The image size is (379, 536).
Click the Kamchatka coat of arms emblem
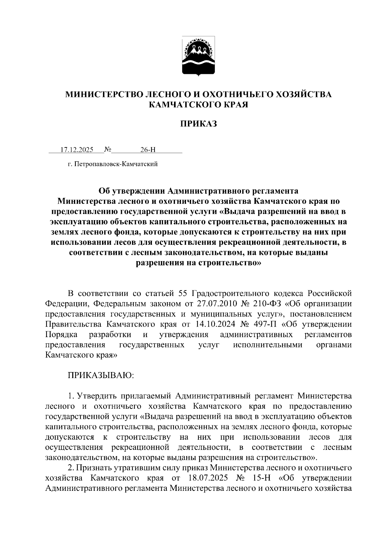click(199, 57)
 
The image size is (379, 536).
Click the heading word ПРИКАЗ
click(199, 124)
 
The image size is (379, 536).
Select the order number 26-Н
click(148, 150)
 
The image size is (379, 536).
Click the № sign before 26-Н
click(107, 149)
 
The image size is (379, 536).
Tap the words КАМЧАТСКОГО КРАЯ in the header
click(199, 105)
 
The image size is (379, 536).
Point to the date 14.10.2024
click(215, 324)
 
